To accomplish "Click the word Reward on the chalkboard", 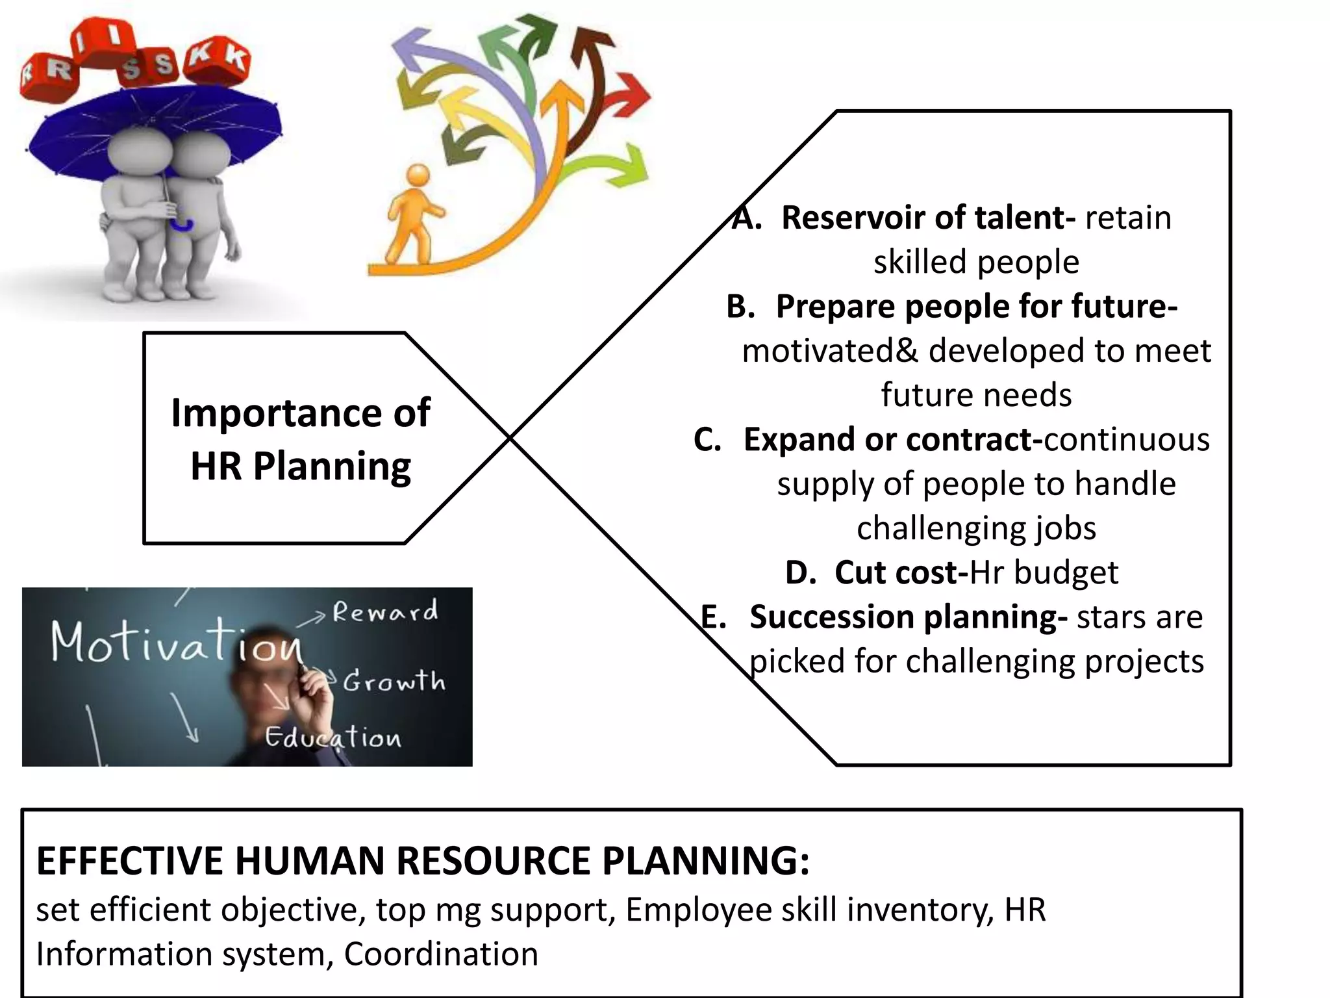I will (x=385, y=612).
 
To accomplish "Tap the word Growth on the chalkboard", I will (x=394, y=682).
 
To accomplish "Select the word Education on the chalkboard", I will (x=333, y=737).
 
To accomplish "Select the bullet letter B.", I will (x=740, y=307).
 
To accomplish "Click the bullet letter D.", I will (x=800, y=573).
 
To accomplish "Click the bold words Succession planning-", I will (x=908, y=617).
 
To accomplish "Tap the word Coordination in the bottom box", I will (x=441, y=954).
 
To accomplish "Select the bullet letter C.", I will (x=707, y=440).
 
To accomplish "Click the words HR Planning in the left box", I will (x=301, y=466).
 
